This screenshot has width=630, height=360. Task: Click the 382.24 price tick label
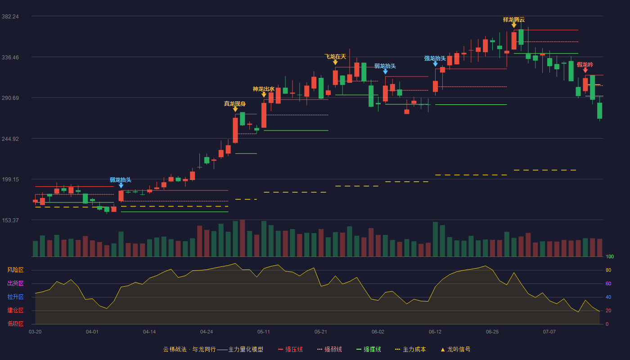click(x=10, y=17)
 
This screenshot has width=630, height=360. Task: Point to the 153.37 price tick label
click(x=10, y=220)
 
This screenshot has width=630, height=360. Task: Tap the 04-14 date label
click(x=149, y=332)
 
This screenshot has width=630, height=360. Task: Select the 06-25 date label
click(x=492, y=332)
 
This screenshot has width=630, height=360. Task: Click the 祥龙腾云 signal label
click(x=514, y=20)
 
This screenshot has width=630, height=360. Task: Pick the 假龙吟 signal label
click(x=585, y=65)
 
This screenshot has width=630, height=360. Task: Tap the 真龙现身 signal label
click(x=235, y=104)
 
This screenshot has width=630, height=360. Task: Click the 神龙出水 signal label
click(x=264, y=89)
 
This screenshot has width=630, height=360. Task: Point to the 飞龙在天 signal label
click(x=335, y=57)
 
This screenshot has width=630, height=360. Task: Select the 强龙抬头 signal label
click(x=435, y=58)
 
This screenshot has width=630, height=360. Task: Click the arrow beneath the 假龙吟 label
click(x=585, y=70)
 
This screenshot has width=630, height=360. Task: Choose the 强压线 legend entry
click(x=290, y=349)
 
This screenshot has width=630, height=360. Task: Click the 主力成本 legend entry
click(x=410, y=349)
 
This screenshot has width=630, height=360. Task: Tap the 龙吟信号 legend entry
click(x=455, y=349)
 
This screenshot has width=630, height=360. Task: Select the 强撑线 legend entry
click(x=369, y=349)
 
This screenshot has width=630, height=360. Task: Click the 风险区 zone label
click(x=15, y=270)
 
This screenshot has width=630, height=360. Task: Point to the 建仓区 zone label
click(x=15, y=310)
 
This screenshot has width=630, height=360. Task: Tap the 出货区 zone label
click(x=15, y=283)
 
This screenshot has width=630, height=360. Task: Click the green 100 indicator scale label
click(x=610, y=256)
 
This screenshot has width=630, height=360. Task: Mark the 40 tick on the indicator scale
click(x=608, y=297)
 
